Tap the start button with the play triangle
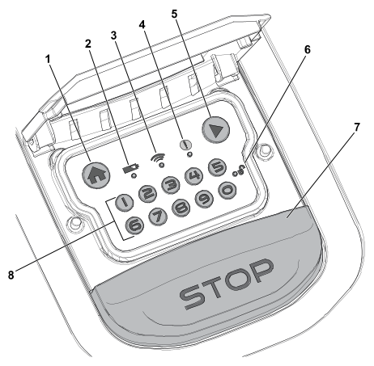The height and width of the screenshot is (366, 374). click(215, 129)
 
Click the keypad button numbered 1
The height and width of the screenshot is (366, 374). click(124, 202)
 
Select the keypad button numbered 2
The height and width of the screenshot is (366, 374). click(147, 193)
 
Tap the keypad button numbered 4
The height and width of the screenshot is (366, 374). click(194, 176)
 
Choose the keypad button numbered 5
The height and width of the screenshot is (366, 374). click(218, 167)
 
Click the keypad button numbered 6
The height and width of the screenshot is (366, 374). click(135, 225)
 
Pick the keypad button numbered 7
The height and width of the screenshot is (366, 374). click(158, 217)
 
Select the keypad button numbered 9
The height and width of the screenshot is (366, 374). click(204, 199)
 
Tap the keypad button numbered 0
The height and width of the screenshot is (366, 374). click(227, 190)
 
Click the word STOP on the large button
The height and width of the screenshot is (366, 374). click(226, 284)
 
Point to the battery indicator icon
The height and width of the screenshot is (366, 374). click(131, 169)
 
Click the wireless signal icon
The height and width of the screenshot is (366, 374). click(158, 157)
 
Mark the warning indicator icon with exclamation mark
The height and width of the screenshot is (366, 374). click(185, 145)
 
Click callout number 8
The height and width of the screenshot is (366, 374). click(11, 276)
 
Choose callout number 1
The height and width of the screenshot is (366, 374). click(48, 59)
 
